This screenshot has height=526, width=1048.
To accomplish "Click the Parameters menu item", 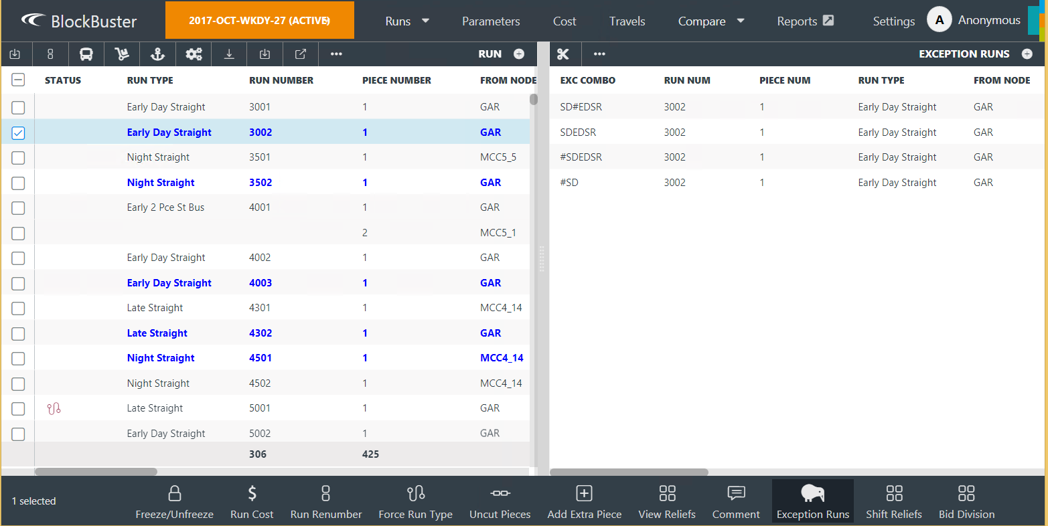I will (x=490, y=21).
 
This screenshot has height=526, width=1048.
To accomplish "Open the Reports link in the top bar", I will (x=804, y=21).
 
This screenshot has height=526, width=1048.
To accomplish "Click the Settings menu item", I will (x=893, y=21).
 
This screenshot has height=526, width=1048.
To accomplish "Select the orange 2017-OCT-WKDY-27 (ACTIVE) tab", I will (x=259, y=21).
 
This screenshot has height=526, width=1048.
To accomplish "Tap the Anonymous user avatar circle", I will (x=939, y=20).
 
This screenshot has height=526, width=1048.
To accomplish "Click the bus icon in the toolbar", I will (x=86, y=54).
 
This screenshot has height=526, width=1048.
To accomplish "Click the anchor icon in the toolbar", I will (x=158, y=54).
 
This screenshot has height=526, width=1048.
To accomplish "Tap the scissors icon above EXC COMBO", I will (x=563, y=54).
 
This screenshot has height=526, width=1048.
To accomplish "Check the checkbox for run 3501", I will (x=18, y=158).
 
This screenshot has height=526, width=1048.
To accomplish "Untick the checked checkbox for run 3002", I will (x=18, y=133).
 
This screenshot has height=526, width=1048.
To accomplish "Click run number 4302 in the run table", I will (x=260, y=333).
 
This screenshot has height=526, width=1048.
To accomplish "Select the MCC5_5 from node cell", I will (x=498, y=157).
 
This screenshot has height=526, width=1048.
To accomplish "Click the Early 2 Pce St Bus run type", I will (x=165, y=207).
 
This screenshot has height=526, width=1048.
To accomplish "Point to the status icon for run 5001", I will (x=54, y=408).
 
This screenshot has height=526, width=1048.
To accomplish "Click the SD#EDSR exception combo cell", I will (x=581, y=107).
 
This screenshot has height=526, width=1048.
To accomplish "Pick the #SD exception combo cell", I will (x=569, y=183).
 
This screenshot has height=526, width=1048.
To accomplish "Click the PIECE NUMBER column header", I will (x=396, y=80).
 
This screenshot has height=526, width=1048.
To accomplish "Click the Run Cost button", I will (x=252, y=503).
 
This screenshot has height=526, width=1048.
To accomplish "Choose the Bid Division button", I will (x=966, y=503).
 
